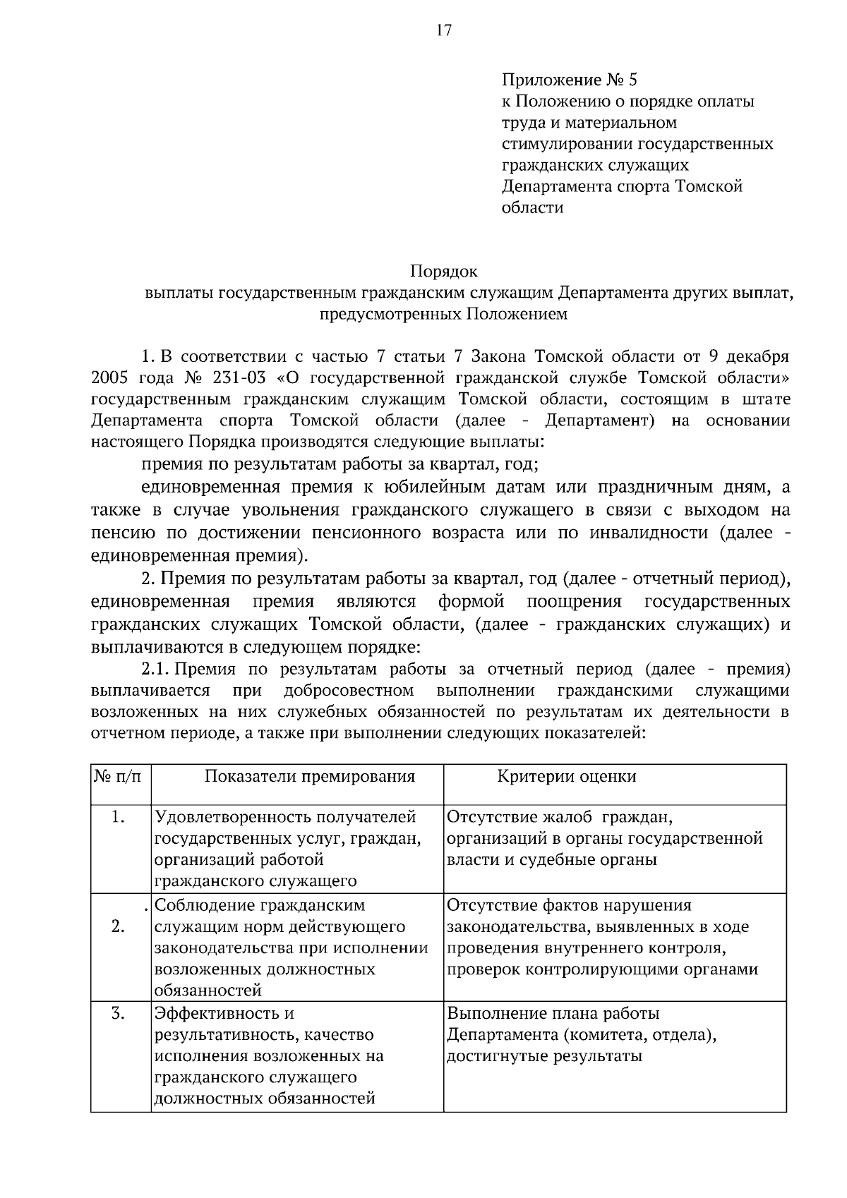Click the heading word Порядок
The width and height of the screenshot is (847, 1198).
444,272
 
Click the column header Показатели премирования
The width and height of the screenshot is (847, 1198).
309,777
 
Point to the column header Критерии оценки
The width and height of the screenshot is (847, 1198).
567,777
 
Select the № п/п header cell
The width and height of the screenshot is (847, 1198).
118,777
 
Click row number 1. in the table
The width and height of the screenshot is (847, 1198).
119,818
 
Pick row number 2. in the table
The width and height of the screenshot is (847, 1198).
119,926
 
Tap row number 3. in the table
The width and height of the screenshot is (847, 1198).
119,1014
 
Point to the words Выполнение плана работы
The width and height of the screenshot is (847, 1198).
553,1014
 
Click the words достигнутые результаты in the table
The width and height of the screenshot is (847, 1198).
544,1056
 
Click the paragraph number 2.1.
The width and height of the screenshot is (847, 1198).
154,669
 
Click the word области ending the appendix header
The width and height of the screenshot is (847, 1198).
532,208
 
